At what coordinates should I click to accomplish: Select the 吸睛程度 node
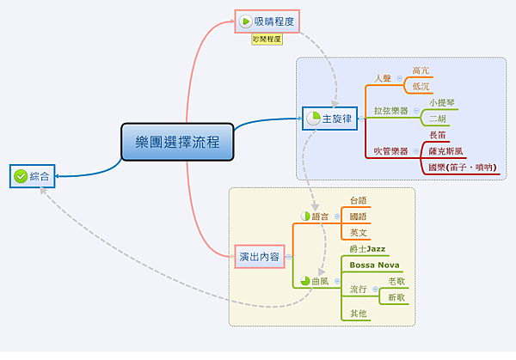tap(269, 21)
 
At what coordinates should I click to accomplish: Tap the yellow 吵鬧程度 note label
tap(267, 40)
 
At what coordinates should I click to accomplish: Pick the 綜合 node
tap(33, 176)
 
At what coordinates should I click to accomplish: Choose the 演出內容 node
tap(259, 256)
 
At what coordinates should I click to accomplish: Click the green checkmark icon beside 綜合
tap(21, 176)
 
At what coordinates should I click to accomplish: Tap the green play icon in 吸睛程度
tap(246, 21)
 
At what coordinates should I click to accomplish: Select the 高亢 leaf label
tap(421, 70)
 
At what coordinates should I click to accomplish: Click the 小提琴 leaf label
tap(442, 102)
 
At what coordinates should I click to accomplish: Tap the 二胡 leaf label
tap(438, 119)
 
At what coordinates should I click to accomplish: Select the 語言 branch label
tap(320, 216)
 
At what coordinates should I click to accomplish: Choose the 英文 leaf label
tap(359, 232)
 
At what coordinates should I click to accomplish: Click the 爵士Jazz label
tap(367, 249)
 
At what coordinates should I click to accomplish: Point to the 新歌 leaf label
tap(396, 297)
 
